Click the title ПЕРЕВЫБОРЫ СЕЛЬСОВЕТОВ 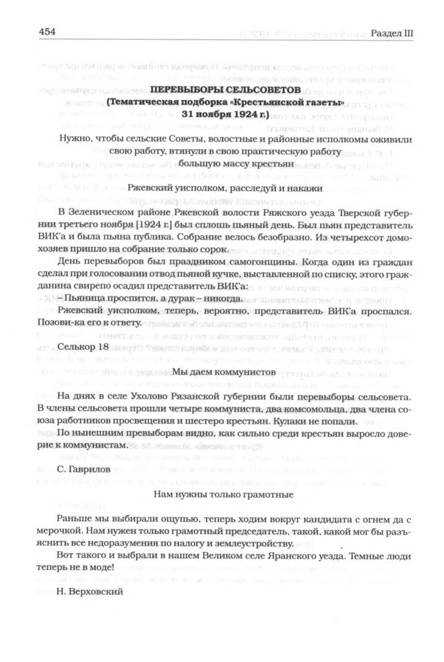coord(221,89)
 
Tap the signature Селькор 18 coord(83,346)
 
